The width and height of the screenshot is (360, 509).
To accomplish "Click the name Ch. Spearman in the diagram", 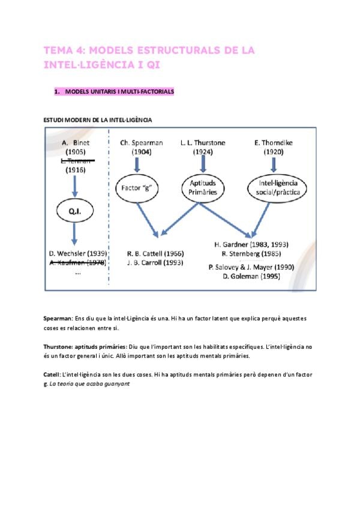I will (x=142, y=143).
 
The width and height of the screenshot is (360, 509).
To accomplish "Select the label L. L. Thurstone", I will (x=203, y=143).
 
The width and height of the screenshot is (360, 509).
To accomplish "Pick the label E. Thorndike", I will (x=274, y=143).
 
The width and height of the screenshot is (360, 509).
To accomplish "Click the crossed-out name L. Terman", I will (x=76, y=161).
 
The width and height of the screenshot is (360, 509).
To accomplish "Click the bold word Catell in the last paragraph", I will (x=52, y=374).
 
